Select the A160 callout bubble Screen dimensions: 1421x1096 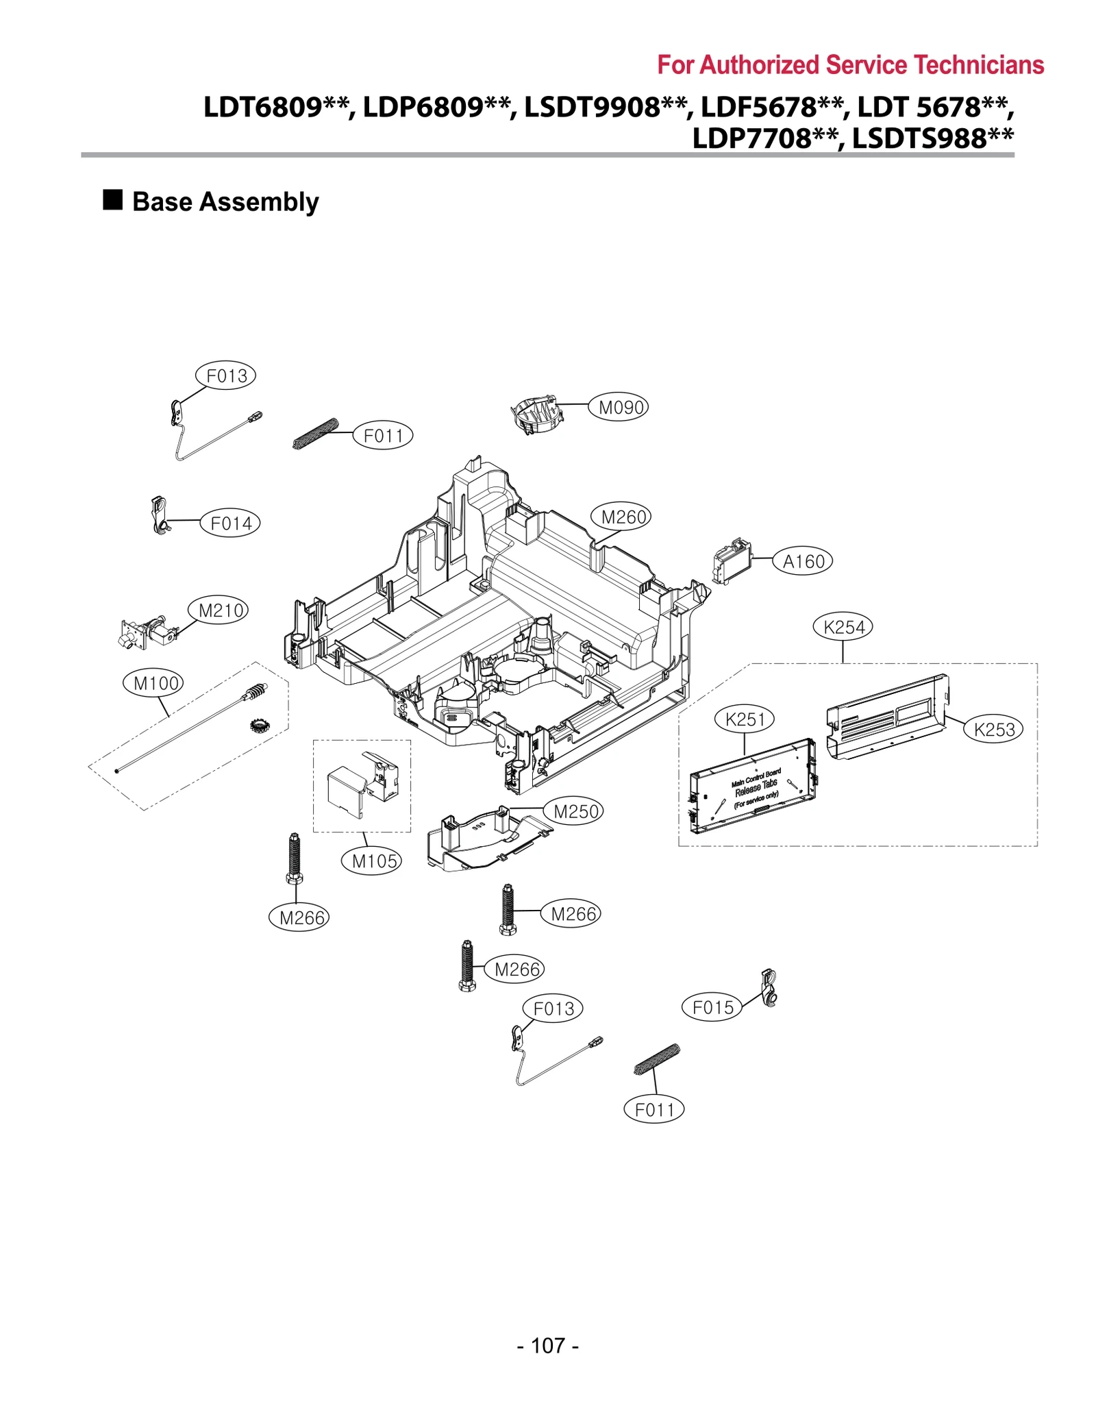pyautogui.click(x=802, y=562)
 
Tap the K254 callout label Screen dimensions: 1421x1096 pyautogui.click(x=843, y=627)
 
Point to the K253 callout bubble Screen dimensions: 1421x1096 pyautogui.click(x=993, y=730)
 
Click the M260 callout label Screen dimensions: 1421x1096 pyautogui.click(x=620, y=517)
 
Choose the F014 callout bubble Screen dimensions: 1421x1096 pyautogui.click(x=230, y=523)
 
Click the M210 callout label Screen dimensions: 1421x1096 pyautogui.click(x=218, y=610)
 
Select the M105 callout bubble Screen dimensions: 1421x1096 pyautogui.click(x=371, y=861)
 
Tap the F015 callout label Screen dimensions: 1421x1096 pyautogui.click(x=712, y=1007)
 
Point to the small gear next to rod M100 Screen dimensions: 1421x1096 pyautogui.click(x=258, y=725)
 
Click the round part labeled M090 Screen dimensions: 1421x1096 pyautogui.click(x=536, y=415)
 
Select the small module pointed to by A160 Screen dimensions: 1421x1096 pyautogui.click(x=731, y=562)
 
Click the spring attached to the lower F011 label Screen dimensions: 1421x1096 pyautogui.click(x=656, y=1059)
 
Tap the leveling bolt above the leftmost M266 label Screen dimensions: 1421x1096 pyautogui.click(x=294, y=858)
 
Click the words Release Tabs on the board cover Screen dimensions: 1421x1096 pyautogui.click(x=756, y=787)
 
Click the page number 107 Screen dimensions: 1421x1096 pyautogui.click(x=547, y=1346)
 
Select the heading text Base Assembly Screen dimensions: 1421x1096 pyautogui.click(x=225, y=202)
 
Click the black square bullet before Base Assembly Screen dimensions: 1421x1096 pyautogui.click(x=112, y=200)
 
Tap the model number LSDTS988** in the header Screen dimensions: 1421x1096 pyautogui.click(x=932, y=138)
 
